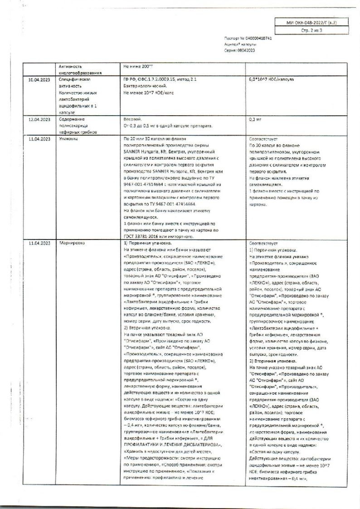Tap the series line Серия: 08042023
click(x=240, y=51)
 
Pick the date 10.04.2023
click(x=38, y=79)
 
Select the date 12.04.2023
click(x=38, y=119)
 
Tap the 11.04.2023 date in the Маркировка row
click(x=38, y=243)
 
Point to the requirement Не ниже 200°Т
click(x=136, y=66)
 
